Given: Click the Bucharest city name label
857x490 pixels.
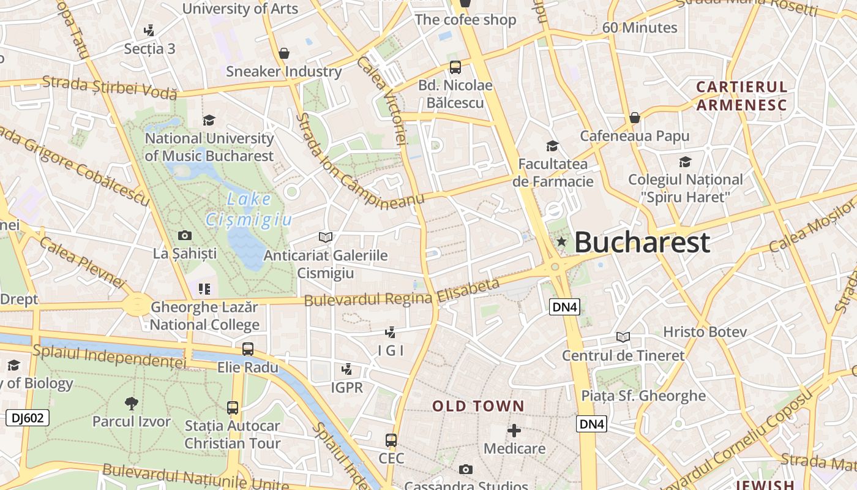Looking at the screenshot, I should [642, 243].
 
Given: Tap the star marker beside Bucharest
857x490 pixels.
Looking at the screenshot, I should [561, 242].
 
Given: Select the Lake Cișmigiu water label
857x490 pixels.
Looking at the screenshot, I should [248, 209].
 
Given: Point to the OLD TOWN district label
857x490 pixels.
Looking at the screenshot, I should [478, 406].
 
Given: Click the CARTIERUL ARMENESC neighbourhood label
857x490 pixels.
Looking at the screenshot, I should [741, 96].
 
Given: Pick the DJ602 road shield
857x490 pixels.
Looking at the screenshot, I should [28, 418].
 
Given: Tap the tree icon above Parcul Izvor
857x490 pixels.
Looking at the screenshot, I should [131, 403].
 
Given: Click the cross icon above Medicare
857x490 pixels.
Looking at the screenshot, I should [514, 431].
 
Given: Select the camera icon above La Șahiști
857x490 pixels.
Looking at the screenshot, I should [184, 235].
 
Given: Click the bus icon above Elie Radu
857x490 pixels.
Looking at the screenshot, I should [248, 349].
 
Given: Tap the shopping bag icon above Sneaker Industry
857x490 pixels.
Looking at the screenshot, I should [284, 53].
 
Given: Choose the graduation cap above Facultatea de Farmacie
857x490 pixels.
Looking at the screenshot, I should [552, 146].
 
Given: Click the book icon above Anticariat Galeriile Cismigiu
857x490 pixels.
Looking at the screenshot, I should [326, 237].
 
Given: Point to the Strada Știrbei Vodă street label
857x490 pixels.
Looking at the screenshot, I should [110, 88].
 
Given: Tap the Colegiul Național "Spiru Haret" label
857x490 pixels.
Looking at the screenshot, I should [686, 188].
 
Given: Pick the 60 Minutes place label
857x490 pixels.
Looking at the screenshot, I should [640, 28].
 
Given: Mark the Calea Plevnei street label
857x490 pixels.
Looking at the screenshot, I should [81, 261].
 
